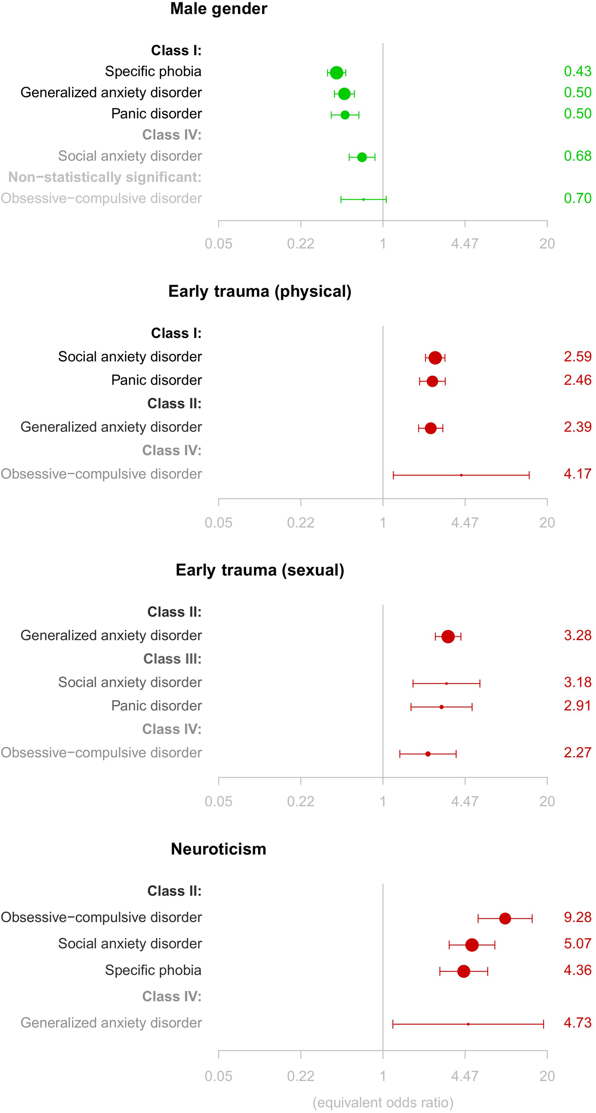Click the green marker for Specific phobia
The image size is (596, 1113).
coord(337,72)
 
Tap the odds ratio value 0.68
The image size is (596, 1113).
coord(577,156)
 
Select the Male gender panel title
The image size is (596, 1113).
coord(218,9)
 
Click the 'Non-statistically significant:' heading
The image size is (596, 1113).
coord(105,177)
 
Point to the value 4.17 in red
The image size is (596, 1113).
coord(577,474)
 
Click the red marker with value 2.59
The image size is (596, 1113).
coord(435,358)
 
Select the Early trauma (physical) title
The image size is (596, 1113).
coord(259,291)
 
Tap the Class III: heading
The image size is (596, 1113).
coord(172,659)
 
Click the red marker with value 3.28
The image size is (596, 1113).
coord(448,636)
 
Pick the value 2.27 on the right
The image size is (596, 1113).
coord(577,752)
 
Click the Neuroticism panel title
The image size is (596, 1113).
coord(218,849)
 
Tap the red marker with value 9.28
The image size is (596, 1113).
coord(505,919)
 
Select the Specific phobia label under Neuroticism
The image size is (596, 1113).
coord(153,970)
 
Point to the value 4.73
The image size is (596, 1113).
coord(577,1023)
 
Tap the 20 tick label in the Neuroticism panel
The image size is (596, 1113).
coord(547,1076)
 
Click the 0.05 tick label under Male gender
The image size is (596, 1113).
coord(218,244)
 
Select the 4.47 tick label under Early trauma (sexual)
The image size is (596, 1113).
coord(465,801)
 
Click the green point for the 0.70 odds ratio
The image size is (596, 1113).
coord(363,199)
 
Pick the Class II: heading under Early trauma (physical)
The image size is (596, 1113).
coord(174,403)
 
